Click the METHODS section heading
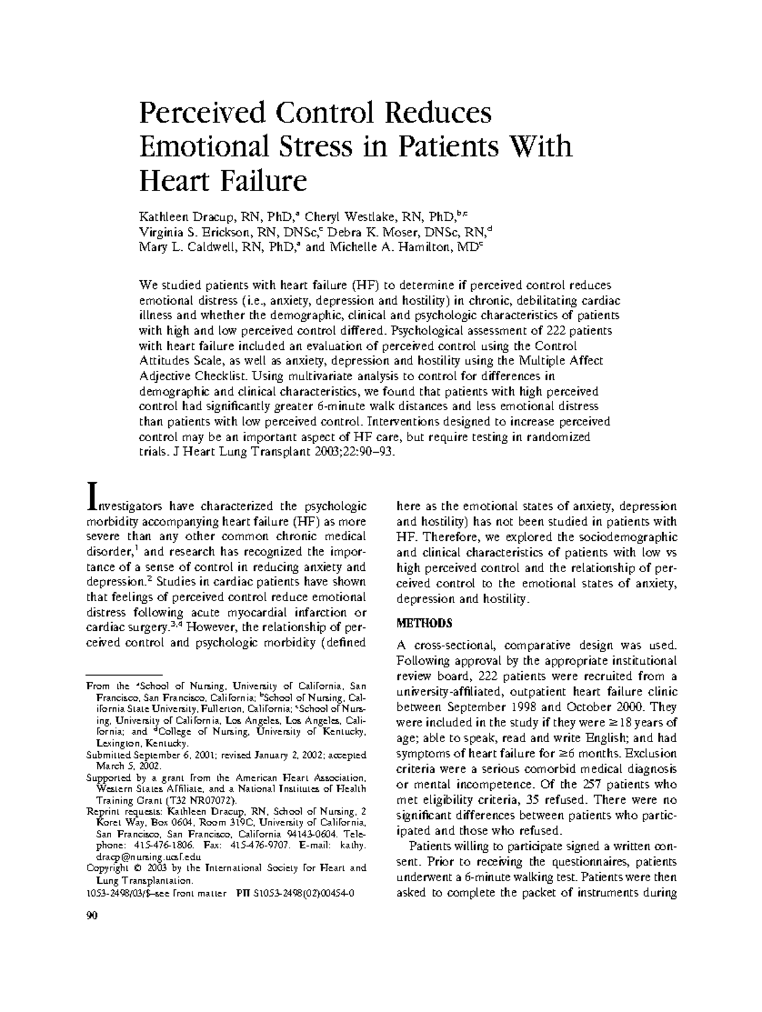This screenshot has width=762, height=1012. (424, 623)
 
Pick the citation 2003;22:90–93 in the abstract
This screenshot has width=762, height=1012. (366, 453)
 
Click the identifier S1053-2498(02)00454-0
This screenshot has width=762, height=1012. (305, 893)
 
